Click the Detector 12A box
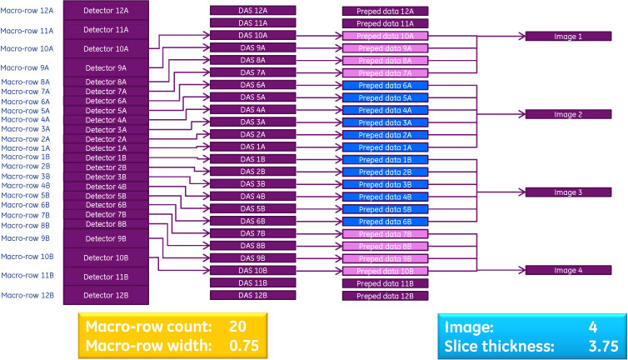pos(106,11)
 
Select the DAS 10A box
pos(252,36)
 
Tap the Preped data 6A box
pos(384,85)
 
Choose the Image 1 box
pos(568,37)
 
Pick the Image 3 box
pos(568,192)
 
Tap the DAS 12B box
pos(252,296)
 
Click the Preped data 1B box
pos(384,159)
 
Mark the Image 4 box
pos(568,270)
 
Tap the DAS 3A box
pos(252,122)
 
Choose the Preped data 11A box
pos(384,23)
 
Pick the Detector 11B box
pos(106,277)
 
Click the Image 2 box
pos(568,114)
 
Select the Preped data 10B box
pos(384,271)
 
